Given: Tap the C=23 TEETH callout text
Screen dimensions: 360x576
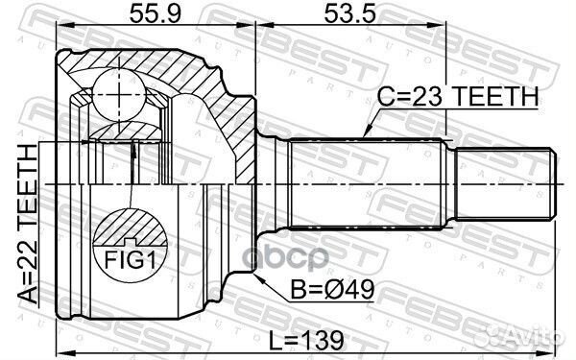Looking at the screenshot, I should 457,95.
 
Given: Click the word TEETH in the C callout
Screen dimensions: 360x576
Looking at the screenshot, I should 499,95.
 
